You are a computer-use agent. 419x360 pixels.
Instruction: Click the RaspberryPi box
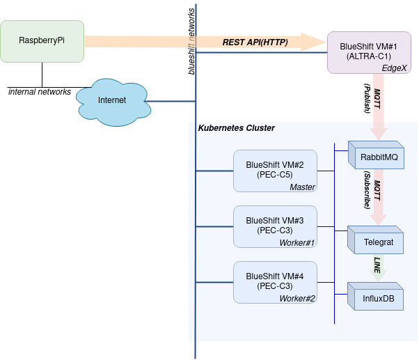(42, 41)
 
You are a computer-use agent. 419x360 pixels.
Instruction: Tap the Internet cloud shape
(111, 101)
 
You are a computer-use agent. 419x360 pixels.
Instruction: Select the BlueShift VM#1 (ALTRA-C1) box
(368, 52)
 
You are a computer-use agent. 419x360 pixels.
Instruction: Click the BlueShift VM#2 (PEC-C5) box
(275, 170)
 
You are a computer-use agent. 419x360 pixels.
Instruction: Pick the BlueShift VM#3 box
(275, 226)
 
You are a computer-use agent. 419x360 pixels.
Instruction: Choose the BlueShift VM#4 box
(275, 281)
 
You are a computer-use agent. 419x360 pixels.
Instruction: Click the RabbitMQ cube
(377, 157)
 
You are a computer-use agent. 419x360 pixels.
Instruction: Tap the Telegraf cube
(377, 242)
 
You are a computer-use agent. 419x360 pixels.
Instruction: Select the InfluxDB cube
(377, 298)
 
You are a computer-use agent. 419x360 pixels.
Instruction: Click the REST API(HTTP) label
(255, 42)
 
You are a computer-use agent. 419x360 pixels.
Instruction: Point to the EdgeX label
(394, 68)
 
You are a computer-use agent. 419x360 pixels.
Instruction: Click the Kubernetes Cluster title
(237, 128)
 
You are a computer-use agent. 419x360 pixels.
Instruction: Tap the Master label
(303, 187)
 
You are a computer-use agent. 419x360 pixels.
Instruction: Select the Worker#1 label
(298, 242)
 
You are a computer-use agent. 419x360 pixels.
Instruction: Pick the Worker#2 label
(298, 298)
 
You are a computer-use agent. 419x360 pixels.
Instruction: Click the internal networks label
(40, 92)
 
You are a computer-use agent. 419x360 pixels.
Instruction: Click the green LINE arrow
(378, 267)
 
